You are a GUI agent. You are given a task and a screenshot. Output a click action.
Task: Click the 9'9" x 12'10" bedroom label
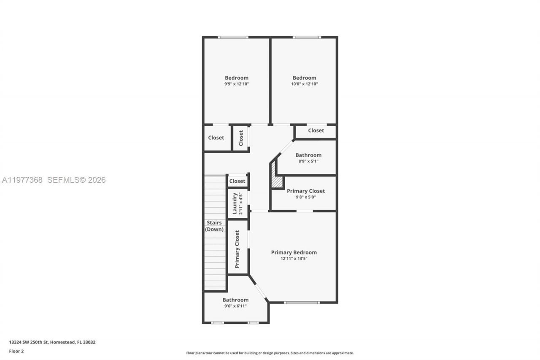237,81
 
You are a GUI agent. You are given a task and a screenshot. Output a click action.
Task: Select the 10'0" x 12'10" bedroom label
305,81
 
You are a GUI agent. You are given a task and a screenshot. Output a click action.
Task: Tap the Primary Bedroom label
294,255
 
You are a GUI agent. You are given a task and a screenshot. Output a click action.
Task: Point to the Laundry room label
237,203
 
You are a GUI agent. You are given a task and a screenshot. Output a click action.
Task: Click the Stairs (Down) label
214,226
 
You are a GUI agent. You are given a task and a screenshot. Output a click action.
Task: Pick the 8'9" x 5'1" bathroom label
308,157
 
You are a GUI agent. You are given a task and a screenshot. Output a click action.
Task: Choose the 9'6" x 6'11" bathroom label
235,303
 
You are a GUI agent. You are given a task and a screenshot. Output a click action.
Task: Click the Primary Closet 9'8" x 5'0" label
306,193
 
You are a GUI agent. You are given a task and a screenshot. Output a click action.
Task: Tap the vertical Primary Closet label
238,249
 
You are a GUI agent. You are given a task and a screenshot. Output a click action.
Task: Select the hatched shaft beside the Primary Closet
277,181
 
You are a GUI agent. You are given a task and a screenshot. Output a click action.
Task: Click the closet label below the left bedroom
216,138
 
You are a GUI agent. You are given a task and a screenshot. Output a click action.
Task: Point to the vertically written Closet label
241,138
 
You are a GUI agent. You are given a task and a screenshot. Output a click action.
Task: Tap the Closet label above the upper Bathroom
316,131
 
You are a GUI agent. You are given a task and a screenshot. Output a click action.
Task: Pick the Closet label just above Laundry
237,181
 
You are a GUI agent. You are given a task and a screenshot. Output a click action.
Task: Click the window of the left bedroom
233,38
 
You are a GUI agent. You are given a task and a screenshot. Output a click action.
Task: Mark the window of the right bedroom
307,38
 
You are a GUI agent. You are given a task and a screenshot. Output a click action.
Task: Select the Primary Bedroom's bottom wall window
301,302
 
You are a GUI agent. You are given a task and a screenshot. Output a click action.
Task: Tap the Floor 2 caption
16,351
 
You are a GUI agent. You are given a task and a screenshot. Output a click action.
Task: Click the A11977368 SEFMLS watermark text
54,180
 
